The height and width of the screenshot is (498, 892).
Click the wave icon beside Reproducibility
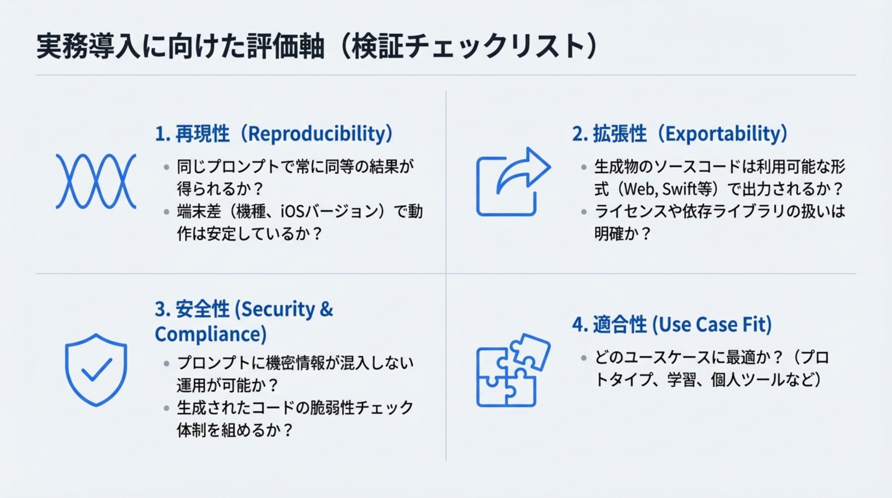(96, 181)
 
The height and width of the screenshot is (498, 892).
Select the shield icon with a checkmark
(96, 370)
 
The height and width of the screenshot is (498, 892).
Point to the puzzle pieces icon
(513, 370)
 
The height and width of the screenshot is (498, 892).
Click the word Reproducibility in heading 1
(317, 134)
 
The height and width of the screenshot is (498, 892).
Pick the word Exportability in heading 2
(726, 134)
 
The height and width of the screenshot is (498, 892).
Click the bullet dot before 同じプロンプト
(167, 167)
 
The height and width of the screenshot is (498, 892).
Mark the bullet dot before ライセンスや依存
(584, 212)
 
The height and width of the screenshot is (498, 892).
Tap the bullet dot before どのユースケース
(584, 358)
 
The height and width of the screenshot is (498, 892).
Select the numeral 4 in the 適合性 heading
(578, 325)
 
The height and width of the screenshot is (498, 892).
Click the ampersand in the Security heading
(326, 309)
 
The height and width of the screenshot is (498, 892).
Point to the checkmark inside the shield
(97, 370)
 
